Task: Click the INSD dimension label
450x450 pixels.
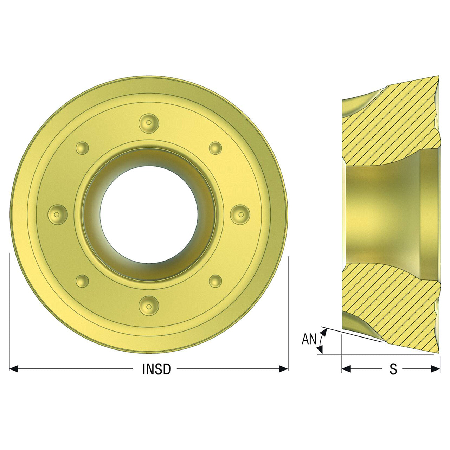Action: coord(156,369)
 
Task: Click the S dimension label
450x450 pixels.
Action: coord(393,369)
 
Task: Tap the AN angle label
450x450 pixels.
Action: coord(309,339)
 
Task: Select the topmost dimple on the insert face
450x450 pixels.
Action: coord(149,123)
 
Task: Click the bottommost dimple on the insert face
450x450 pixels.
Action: coord(149,306)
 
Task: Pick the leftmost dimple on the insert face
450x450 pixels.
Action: coord(57,214)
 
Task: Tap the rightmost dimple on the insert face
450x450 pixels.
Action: coord(240,214)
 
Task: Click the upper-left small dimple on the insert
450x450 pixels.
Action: coord(82,148)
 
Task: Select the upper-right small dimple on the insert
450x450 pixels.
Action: coord(215,148)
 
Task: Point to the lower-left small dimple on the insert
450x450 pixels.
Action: coord(82,281)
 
